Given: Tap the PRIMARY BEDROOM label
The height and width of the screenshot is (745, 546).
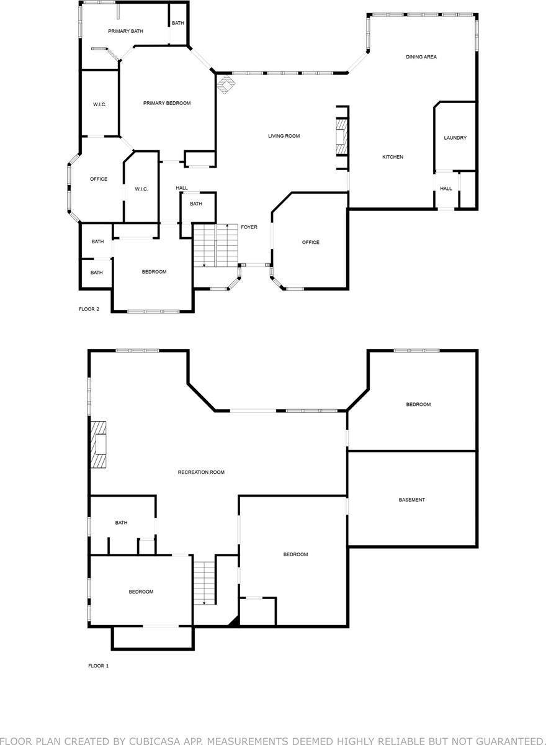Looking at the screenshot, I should click(x=166, y=103).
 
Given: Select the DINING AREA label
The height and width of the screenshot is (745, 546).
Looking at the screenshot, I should click(x=421, y=57).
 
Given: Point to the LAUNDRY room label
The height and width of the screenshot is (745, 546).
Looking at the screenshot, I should click(x=455, y=138).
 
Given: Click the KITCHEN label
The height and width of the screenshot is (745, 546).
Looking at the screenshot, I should click(x=392, y=157).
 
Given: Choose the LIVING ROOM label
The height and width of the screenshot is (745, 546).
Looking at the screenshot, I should click(x=284, y=136).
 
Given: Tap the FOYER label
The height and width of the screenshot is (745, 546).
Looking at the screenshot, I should click(x=249, y=227).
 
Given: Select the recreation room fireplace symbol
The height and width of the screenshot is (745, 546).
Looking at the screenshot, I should click(x=99, y=445).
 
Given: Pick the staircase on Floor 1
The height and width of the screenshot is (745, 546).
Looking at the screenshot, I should click(x=204, y=582).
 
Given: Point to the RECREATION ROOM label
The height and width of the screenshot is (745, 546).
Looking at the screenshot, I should click(x=201, y=472).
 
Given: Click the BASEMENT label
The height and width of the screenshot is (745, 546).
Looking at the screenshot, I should click(x=412, y=500).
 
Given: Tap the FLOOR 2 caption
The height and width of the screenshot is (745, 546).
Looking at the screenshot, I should click(x=89, y=309).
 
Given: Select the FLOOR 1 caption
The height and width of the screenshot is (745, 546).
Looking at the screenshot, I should click(x=98, y=666).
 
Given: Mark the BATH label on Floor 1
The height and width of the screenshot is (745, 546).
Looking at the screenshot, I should click(x=121, y=523).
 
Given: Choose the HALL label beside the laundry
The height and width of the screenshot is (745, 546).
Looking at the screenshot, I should click(x=446, y=189).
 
